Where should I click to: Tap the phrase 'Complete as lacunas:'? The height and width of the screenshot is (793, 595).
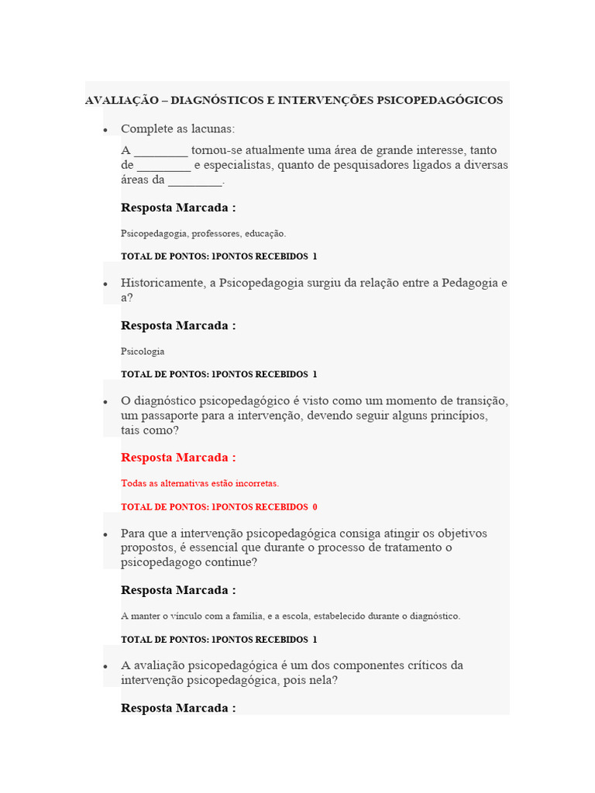(177, 129)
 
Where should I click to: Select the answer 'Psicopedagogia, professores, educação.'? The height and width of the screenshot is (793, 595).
(204, 233)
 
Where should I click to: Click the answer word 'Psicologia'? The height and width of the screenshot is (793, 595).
(143, 352)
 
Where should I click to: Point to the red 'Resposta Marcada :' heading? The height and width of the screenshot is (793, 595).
(178, 458)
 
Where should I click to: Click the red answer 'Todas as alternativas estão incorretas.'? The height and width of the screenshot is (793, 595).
(200, 483)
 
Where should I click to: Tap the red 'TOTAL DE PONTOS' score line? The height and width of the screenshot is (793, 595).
(219, 507)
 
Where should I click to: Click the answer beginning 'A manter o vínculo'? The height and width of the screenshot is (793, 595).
(291, 616)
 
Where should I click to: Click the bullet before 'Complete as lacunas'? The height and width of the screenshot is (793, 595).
(105, 130)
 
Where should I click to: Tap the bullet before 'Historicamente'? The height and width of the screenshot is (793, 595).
(105, 285)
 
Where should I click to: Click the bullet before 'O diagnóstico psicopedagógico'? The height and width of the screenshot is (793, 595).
(105, 403)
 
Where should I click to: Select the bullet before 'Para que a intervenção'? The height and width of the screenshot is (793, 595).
(105, 535)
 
